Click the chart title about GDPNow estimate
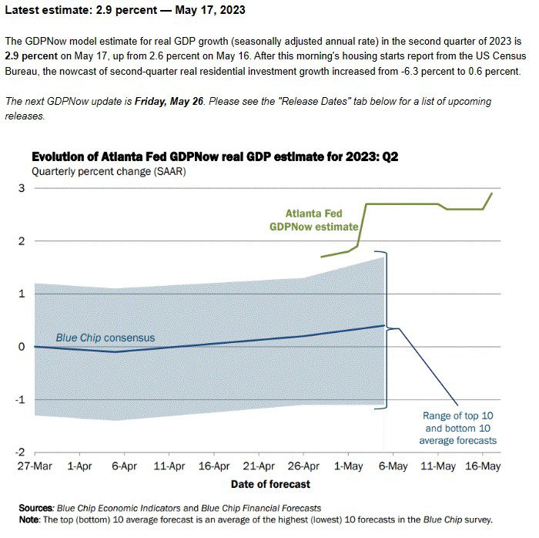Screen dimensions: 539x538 click(x=215, y=157)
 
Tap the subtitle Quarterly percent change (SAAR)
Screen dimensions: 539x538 click(x=109, y=171)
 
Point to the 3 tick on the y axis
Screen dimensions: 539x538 click(x=22, y=188)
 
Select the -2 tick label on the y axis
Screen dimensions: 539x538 click(x=20, y=452)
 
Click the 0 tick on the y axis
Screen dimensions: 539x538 click(x=22, y=347)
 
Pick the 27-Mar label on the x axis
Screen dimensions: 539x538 click(x=35, y=466)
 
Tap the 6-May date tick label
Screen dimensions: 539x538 click(x=393, y=466)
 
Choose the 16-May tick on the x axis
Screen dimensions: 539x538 click(x=483, y=466)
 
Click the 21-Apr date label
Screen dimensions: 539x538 click(x=259, y=466)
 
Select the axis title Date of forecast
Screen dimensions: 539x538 click(x=270, y=484)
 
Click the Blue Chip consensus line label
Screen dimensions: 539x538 click(x=105, y=338)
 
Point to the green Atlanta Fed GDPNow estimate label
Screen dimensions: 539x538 click(x=314, y=220)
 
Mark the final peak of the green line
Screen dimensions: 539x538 click(x=491, y=193)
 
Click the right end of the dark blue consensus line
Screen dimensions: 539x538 click(x=384, y=325)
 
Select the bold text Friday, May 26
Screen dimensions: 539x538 click(x=169, y=102)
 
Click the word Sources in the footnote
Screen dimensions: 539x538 click(x=35, y=508)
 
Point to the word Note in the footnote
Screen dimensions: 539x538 click(x=30, y=520)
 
